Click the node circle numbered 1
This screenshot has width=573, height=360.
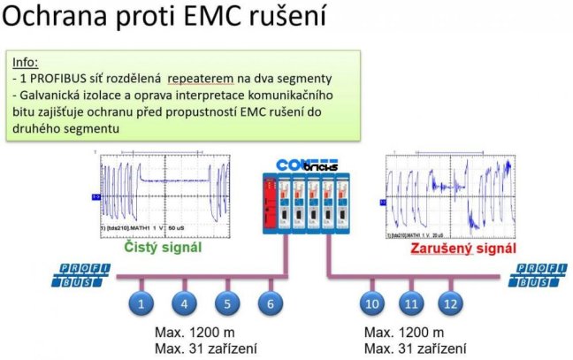[141, 305]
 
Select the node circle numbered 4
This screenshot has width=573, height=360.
[184, 305]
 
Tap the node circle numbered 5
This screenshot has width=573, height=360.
[227, 305]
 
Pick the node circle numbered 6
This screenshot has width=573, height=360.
[271, 305]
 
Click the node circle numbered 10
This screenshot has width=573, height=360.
[372, 305]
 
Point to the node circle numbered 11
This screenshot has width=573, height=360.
[409, 305]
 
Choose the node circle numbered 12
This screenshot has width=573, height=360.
[451, 305]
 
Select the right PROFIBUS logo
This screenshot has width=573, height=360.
[541, 275]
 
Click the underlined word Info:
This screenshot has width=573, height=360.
[26, 62]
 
